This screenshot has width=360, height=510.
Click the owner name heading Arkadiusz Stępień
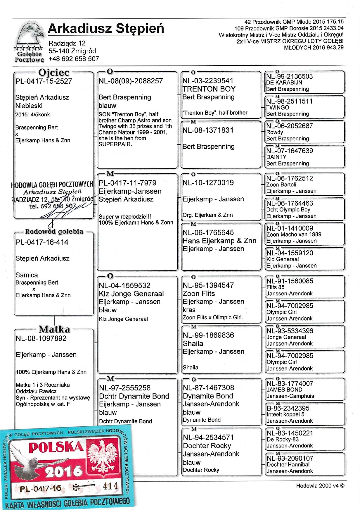(106, 29)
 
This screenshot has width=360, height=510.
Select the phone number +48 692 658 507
(74, 59)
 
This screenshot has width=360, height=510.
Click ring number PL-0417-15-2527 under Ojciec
(44, 81)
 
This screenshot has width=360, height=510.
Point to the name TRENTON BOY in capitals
(209, 89)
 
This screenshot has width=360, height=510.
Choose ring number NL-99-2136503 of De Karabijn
(290, 76)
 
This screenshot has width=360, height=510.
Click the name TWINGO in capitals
(278, 107)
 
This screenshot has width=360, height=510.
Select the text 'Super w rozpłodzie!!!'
(125, 217)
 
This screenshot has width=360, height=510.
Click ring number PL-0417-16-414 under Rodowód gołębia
(42, 242)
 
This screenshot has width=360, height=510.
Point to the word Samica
(27, 275)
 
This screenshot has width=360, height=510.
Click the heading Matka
(54, 329)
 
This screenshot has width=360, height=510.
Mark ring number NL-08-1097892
(41, 339)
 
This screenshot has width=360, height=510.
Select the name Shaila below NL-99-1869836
(193, 344)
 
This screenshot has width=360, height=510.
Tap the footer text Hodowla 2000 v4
(320, 486)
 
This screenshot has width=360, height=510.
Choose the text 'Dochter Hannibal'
(288, 464)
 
